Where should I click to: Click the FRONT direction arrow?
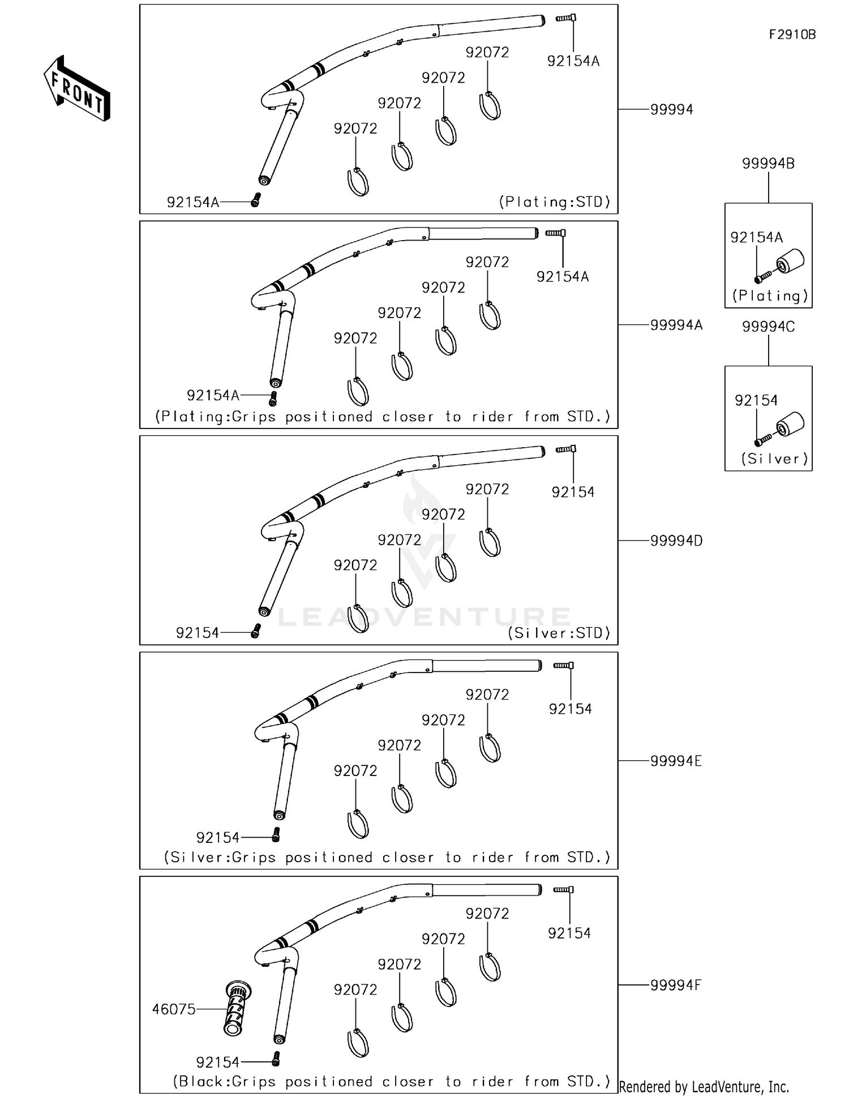point(77,89)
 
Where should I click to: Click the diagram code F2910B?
point(792,35)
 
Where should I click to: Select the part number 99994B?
point(768,164)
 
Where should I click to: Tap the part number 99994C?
point(768,327)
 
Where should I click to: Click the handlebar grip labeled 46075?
point(237,1009)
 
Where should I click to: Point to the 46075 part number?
point(174,1009)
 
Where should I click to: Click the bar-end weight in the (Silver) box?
point(790,425)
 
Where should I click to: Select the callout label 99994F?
point(675,985)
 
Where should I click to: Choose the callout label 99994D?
point(676,541)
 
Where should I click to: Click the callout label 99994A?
point(676,325)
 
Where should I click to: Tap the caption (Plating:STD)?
point(555,202)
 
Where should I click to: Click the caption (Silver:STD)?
point(559,633)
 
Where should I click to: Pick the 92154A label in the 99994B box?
point(756,238)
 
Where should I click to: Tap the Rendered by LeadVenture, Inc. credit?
point(704,1087)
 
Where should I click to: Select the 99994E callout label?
point(676,761)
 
